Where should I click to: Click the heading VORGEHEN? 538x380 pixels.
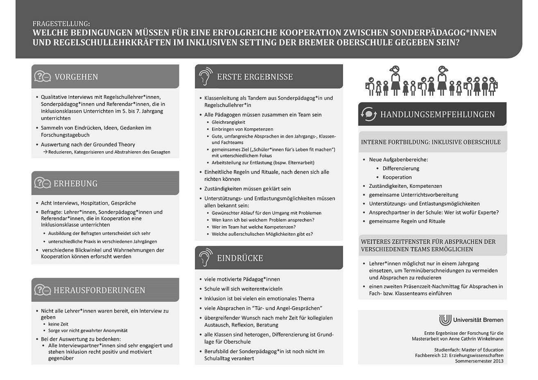pos(76,77)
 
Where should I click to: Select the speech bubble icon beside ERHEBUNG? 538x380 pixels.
pos(42,183)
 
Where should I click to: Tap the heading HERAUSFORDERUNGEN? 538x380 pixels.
pos(99,290)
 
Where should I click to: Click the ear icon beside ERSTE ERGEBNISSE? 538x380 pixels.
pos(205,76)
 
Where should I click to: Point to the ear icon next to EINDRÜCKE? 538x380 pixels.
pos(205,258)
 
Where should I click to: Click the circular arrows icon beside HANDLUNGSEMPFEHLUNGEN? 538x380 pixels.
pos(368,114)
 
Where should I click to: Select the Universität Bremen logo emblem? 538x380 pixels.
pos(445,320)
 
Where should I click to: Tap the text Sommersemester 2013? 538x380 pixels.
pos(479,361)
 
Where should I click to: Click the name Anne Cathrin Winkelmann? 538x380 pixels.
pos(471,339)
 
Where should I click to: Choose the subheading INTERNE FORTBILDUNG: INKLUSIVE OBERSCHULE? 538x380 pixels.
pos(431,142)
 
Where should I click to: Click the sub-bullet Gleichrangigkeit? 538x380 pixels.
pos(228,122)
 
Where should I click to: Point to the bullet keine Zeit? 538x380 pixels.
pos(58,324)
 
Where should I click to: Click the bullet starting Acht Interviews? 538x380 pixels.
pos(88,203)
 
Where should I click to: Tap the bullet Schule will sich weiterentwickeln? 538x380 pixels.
pos(243,289)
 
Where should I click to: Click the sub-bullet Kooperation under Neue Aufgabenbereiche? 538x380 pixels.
pos(397,177)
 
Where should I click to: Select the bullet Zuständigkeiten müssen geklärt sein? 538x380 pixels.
pos(247,189)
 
